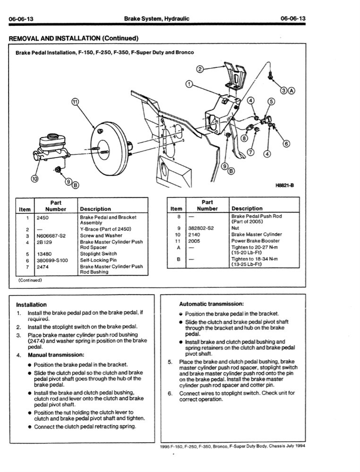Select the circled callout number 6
click(286, 144)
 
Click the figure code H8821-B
click(284, 185)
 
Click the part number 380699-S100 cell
click(52, 260)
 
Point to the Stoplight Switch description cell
click(98, 253)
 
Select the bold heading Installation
click(31, 305)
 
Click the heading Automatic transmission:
click(211, 304)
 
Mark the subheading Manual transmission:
click(56, 354)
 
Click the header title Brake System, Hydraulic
click(156, 18)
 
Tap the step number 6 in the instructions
click(170, 393)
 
